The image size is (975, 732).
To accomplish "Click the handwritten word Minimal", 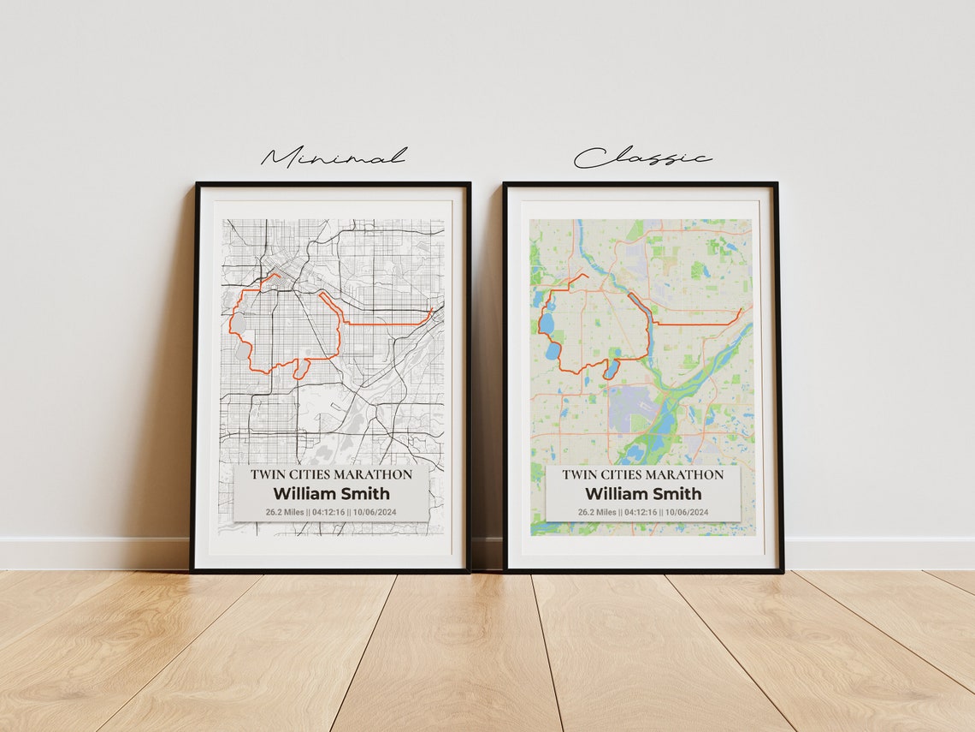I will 334,157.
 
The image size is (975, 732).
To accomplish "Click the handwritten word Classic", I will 641,158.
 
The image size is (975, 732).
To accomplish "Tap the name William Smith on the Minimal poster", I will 331,493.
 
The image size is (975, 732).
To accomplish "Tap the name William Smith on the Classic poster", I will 643,493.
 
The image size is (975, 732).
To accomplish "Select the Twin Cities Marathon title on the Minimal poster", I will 331,474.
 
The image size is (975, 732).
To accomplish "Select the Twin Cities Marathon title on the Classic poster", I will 643,474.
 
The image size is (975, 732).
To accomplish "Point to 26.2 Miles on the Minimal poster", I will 285,512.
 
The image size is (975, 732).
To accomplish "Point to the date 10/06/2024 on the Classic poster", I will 687,512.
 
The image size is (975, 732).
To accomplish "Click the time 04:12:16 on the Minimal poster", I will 329,512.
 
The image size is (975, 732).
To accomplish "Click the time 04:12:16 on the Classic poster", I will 641,512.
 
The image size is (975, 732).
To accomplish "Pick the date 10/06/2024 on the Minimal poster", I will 375,512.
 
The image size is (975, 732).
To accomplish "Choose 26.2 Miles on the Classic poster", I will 597,512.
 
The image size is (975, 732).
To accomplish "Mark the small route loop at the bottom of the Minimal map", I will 301,370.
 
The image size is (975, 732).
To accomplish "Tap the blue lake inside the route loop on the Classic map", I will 611,369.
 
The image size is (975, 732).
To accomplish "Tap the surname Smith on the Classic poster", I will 677,493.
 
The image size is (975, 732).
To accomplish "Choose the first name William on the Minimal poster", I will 301,493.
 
